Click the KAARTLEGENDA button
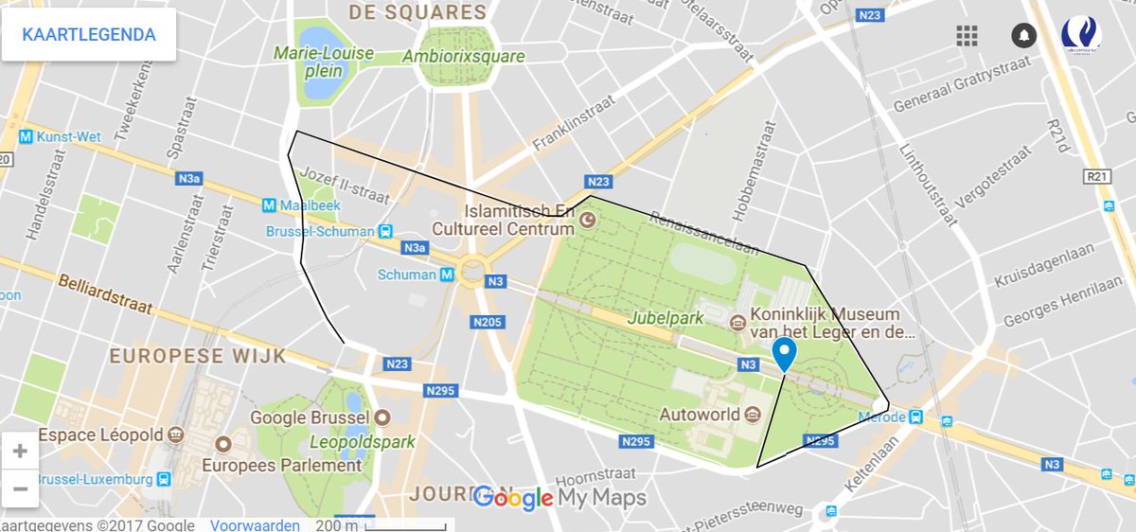pyautogui.click(x=89, y=35)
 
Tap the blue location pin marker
pyautogui.click(x=784, y=353)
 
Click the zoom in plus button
pyautogui.click(x=20, y=452)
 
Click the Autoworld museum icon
pyautogui.click(x=753, y=414)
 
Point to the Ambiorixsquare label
pyautogui.click(x=464, y=57)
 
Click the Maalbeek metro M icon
pyautogui.click(x=270, y=204)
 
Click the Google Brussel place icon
pyautogui.click(x=382, y=417)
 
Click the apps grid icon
pyautogui.click(x=967, y=36)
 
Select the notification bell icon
pyautogui.click(x=1023, y=36)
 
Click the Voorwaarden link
pyautogui.click(x=255, y=525)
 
